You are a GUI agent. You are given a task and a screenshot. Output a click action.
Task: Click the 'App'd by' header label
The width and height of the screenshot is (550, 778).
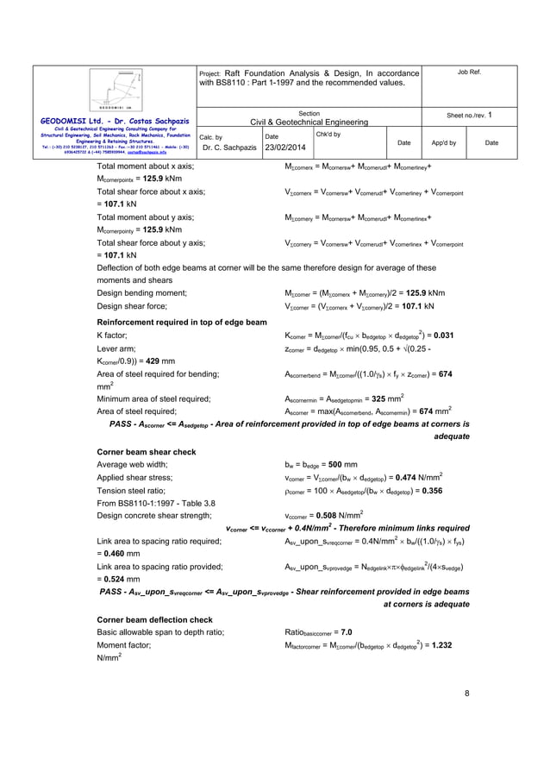click(444, 141)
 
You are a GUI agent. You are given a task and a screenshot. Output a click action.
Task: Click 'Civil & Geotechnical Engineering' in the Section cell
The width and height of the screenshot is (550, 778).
click(309, 122)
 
